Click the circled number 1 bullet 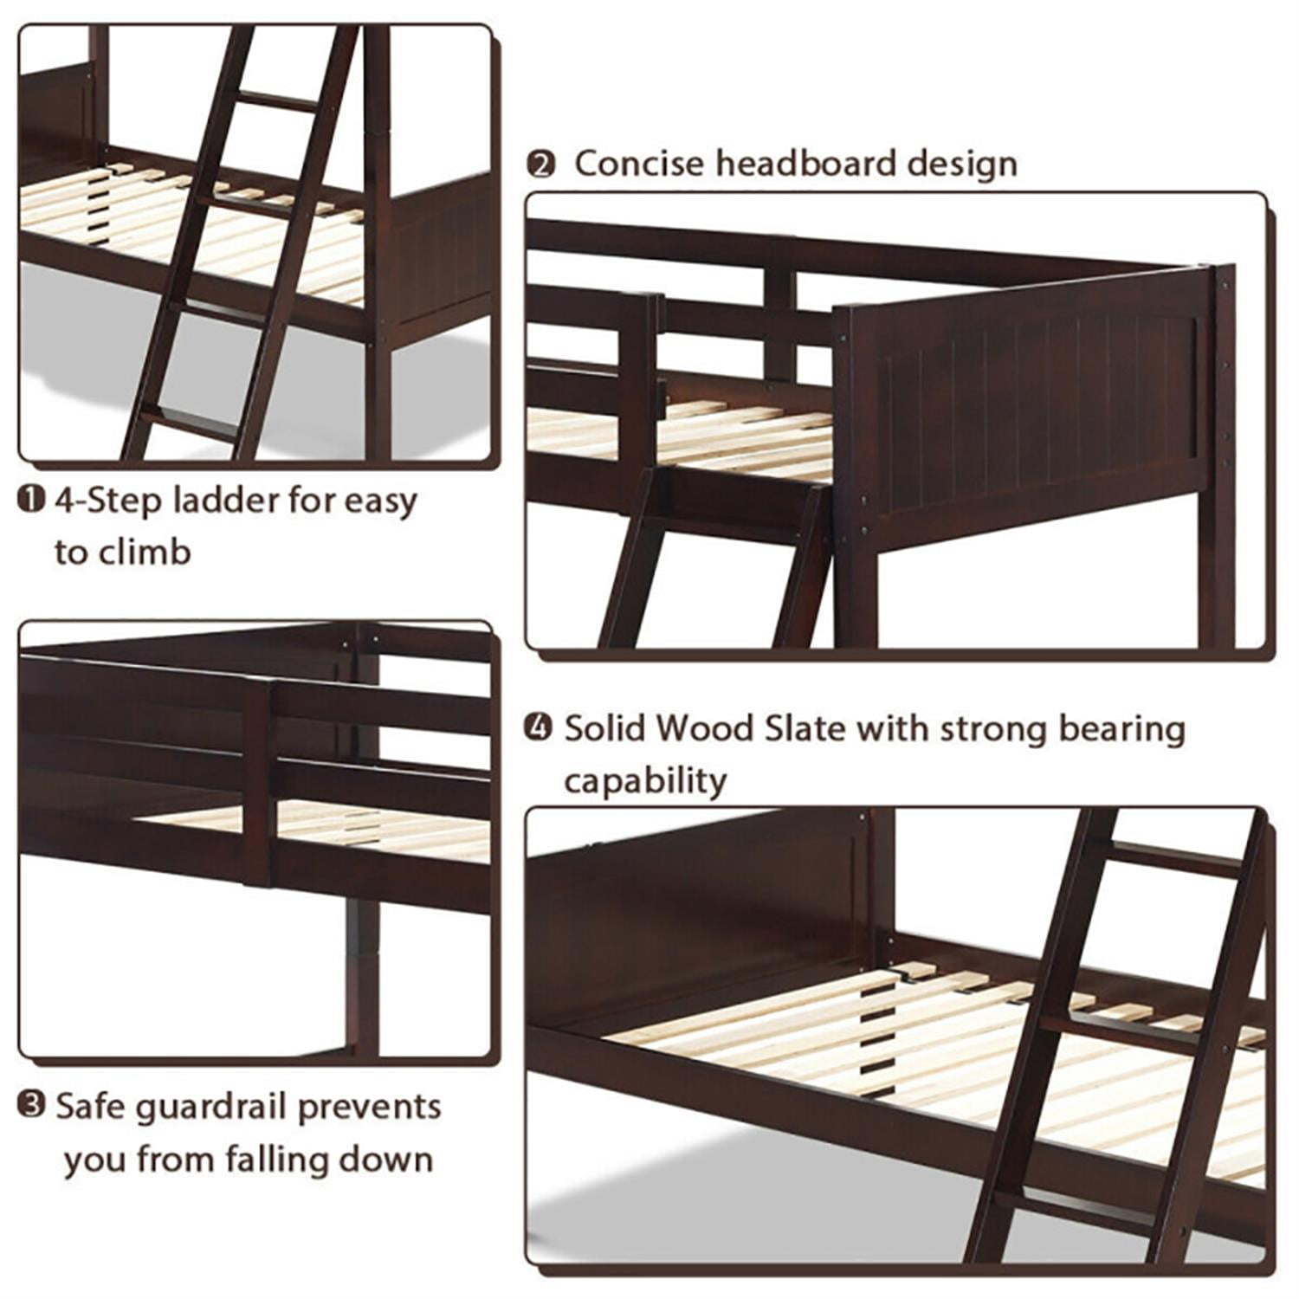(31, 500)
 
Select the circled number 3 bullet (31, 1106)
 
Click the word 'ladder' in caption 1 (226, 500)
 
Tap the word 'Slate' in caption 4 (804, 728)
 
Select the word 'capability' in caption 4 (645, 780)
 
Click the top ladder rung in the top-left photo (279, 101)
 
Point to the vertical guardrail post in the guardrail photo (257, 784)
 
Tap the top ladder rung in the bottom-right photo (1173, 859)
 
